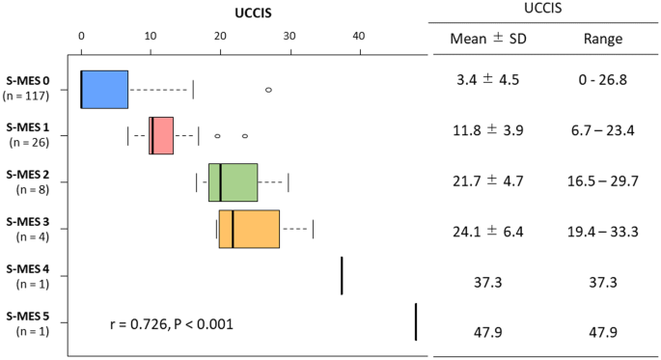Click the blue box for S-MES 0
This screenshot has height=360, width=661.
104,89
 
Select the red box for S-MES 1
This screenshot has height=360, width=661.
161,135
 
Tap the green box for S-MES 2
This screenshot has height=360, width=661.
233,182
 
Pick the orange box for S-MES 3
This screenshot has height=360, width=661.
249,229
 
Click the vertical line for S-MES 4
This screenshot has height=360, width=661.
342,275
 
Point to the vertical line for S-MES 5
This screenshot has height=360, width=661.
415,321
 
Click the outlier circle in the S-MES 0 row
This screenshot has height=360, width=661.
268,90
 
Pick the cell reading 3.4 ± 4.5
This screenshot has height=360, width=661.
485,80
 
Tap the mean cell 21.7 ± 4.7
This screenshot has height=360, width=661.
485,180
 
